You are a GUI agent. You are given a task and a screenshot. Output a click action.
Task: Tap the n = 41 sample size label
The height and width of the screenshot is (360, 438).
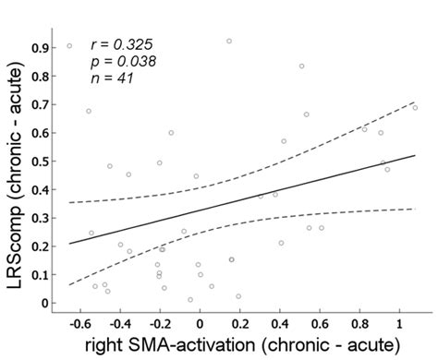pos(112,78)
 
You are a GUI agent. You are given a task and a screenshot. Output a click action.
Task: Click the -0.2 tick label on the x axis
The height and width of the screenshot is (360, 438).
pos(160,325)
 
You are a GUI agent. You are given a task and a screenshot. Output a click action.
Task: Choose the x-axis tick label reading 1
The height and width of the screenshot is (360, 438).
pos(399,325)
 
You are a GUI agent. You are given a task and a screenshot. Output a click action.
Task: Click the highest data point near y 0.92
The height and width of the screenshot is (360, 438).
pos(229,41)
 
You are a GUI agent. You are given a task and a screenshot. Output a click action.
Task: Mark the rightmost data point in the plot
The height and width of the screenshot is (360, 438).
pos(415,108)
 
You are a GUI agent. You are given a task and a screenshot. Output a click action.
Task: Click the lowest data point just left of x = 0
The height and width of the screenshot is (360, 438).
pos(190,299)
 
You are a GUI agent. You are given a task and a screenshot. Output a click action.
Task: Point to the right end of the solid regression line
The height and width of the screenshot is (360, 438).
pos(416,155)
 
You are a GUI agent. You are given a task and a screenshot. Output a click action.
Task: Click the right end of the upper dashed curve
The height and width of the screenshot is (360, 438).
pos(416,102)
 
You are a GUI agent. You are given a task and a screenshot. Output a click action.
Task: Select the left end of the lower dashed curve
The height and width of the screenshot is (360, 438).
pos(69,284)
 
